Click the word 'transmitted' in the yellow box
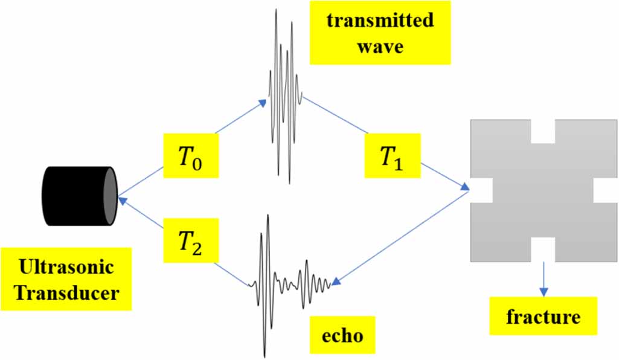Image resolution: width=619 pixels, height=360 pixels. tap(380, 21)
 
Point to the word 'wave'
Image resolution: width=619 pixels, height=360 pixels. tap(380, 46)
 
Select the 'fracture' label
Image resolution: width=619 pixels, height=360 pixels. tap(544, 316)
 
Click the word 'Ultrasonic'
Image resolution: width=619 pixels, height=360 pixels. tap(65, 267)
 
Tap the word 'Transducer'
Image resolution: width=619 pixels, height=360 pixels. tap(65, 293)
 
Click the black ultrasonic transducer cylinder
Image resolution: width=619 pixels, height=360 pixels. tap(75, 196)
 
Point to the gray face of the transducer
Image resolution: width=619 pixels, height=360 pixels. tap(109, 196)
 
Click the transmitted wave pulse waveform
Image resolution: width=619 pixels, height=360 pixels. tap(284, 97)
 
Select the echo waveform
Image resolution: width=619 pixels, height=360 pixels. tap(284, 281)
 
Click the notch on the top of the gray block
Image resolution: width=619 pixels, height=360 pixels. tap(542, 131)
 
